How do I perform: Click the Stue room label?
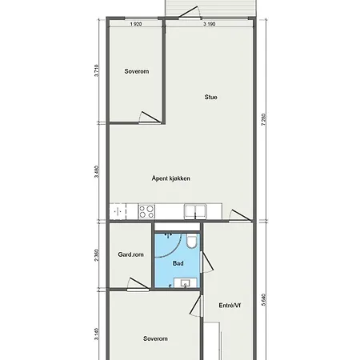(x=210, y=98)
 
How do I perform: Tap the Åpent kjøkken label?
(x=171, y=178)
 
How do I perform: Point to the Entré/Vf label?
(x=230, y=305)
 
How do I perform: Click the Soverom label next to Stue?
(x=137, y=71)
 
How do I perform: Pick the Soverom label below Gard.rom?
(x=155, y=339)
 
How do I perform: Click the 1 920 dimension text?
(x=136, y=24)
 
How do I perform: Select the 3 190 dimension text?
(x=210, y=24)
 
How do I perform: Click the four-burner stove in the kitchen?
(x=147, y=212)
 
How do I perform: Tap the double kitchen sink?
(x=196, y=212)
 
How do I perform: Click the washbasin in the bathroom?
(x=186, y=282)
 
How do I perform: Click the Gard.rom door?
(x=138, y=282)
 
